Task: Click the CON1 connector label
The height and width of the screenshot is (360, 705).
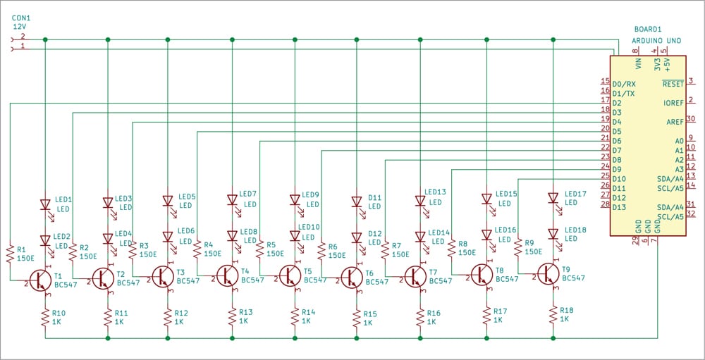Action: (22, 16)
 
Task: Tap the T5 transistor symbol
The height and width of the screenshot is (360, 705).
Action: (290, 275)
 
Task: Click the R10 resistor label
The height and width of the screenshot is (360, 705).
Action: (59, 313)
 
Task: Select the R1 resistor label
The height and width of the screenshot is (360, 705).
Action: (20, 249)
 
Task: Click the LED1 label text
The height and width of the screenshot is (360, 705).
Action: (63, 200)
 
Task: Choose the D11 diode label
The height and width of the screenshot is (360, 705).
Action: (374, 198)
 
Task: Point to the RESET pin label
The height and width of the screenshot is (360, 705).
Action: (673, 83)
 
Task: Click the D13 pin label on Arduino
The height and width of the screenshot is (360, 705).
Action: (620, 207)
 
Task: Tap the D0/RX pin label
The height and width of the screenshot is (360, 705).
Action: (625, 83)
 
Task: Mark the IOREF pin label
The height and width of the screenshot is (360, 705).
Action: (673, 103)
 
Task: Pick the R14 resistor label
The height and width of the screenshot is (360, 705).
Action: (308, 312)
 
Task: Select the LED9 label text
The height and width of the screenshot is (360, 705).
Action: (311, 195)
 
